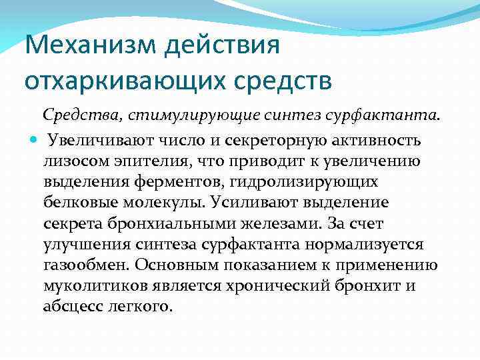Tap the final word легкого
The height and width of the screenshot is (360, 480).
(143, 306)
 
